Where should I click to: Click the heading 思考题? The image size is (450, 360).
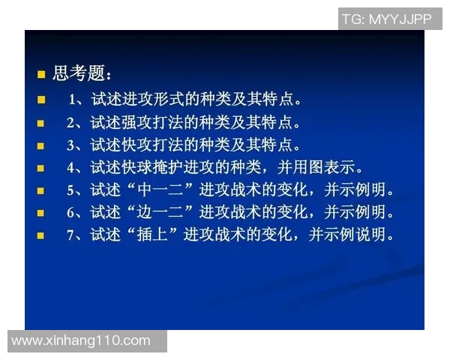tap(82, 74)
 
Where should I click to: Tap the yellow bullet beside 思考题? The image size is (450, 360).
tap(42, 75)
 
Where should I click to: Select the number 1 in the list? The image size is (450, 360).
tap(73, 100)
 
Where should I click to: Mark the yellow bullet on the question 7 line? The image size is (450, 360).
tap(42, 235)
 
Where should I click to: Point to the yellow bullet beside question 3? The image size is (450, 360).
tap(42, 145)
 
